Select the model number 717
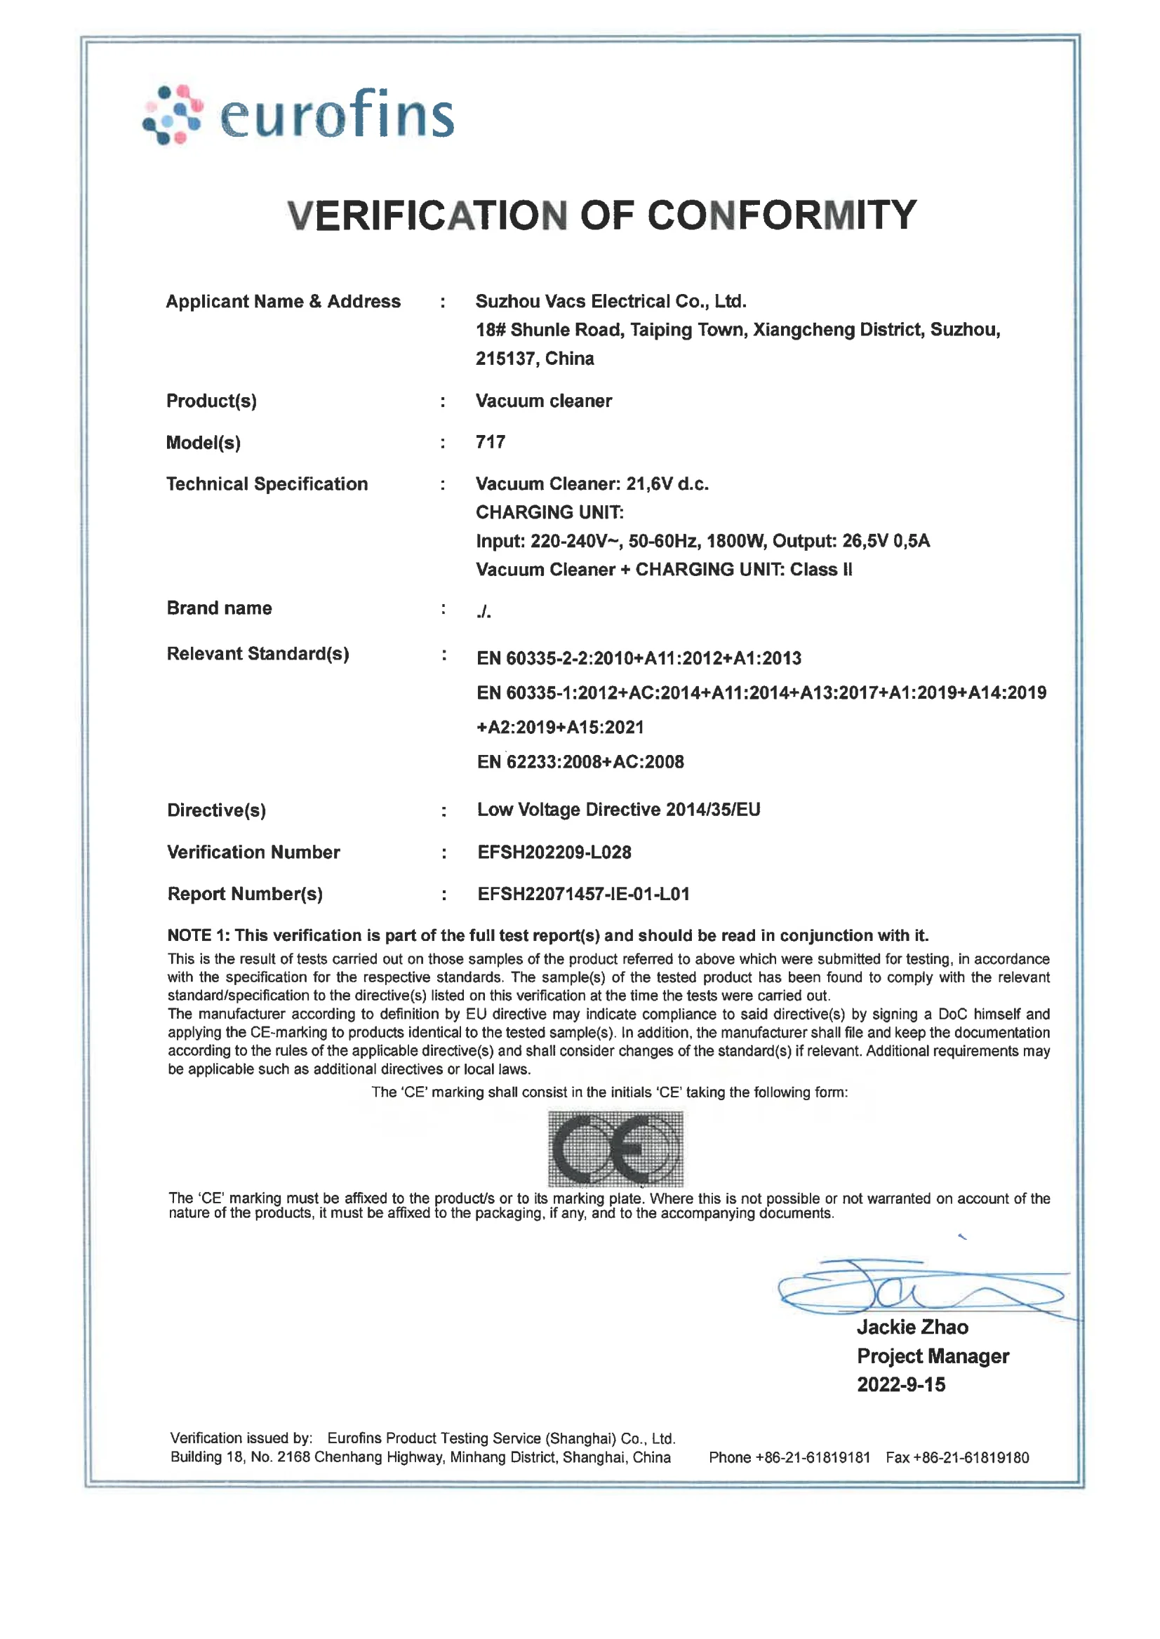pos(490,442)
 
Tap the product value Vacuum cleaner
pos(544,401)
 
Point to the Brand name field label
pos(219,608)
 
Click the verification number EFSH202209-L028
pos(554,852)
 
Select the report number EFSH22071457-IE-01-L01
pos(583,893)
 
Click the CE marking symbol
pos(615,1149)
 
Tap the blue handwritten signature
pos(921,1290)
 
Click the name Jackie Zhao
pos(912,1327)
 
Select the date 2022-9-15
pos(901,1384)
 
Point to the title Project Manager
pos(932,1356)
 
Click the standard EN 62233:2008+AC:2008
pos(580,762)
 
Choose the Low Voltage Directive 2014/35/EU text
pos(618,809)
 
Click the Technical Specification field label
pos(267,484)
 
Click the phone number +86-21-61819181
pos(812,1457)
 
